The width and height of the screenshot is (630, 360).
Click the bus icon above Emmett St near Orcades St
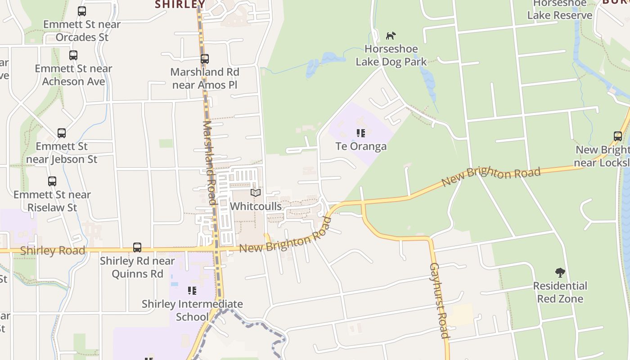click(82, 11)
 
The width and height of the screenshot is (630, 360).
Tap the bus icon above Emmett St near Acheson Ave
click(73, 55)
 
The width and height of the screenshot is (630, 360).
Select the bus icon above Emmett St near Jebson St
click(62, 133)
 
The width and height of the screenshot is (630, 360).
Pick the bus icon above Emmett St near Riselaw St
click(52, 181)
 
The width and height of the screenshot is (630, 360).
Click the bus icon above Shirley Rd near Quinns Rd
click(137, 247)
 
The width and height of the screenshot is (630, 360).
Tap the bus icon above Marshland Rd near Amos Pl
click(205, 59)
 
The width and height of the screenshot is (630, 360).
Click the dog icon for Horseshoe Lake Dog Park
click(391, 36)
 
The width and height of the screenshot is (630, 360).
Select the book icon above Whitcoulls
click(256, 193)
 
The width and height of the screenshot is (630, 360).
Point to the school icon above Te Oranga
click(361, 133)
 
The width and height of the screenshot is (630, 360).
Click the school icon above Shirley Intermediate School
click(192, 291)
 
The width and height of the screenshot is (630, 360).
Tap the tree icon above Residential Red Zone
click(560, 272)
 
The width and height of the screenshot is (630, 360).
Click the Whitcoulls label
click(256, 206)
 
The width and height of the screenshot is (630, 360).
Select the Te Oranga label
click(361, 146)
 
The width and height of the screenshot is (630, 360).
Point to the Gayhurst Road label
click(439, 300)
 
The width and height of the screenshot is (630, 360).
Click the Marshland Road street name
click(210, 162)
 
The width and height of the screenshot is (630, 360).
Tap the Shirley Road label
click(52, 251)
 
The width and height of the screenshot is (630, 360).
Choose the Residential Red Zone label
click(560, 292)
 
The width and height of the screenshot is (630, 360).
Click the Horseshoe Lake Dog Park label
click(391, 55)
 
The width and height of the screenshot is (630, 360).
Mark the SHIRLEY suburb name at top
click(180, 4)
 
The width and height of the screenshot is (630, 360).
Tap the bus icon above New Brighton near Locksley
click(618, 136)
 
